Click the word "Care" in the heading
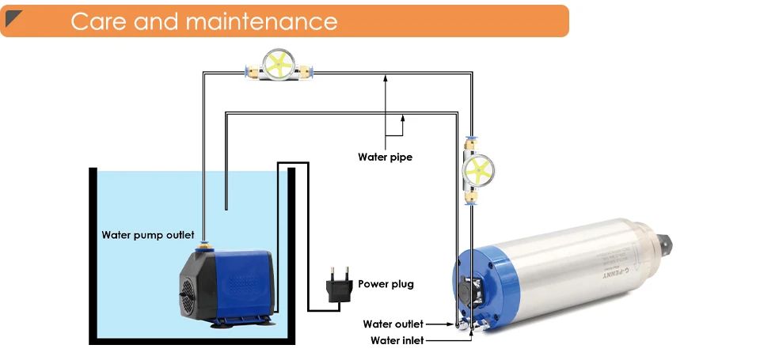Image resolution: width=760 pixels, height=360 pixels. click(x=98, y=21)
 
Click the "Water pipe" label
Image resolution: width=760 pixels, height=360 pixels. click(x=385, y=157)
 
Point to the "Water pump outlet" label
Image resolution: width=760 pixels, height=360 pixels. click(x=147, y=235)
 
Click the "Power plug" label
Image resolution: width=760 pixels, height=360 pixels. click(x=386, y=284)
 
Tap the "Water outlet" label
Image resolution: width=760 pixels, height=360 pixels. click(x=393, y=324)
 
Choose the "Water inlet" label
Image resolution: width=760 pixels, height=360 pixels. click(x=397, y=340)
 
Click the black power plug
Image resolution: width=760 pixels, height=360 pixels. click(x=336, y=286)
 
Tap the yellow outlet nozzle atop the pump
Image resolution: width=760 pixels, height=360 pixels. click(x=203, y=245)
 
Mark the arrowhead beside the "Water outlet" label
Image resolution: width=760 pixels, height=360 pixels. click(x=452, y=324)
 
